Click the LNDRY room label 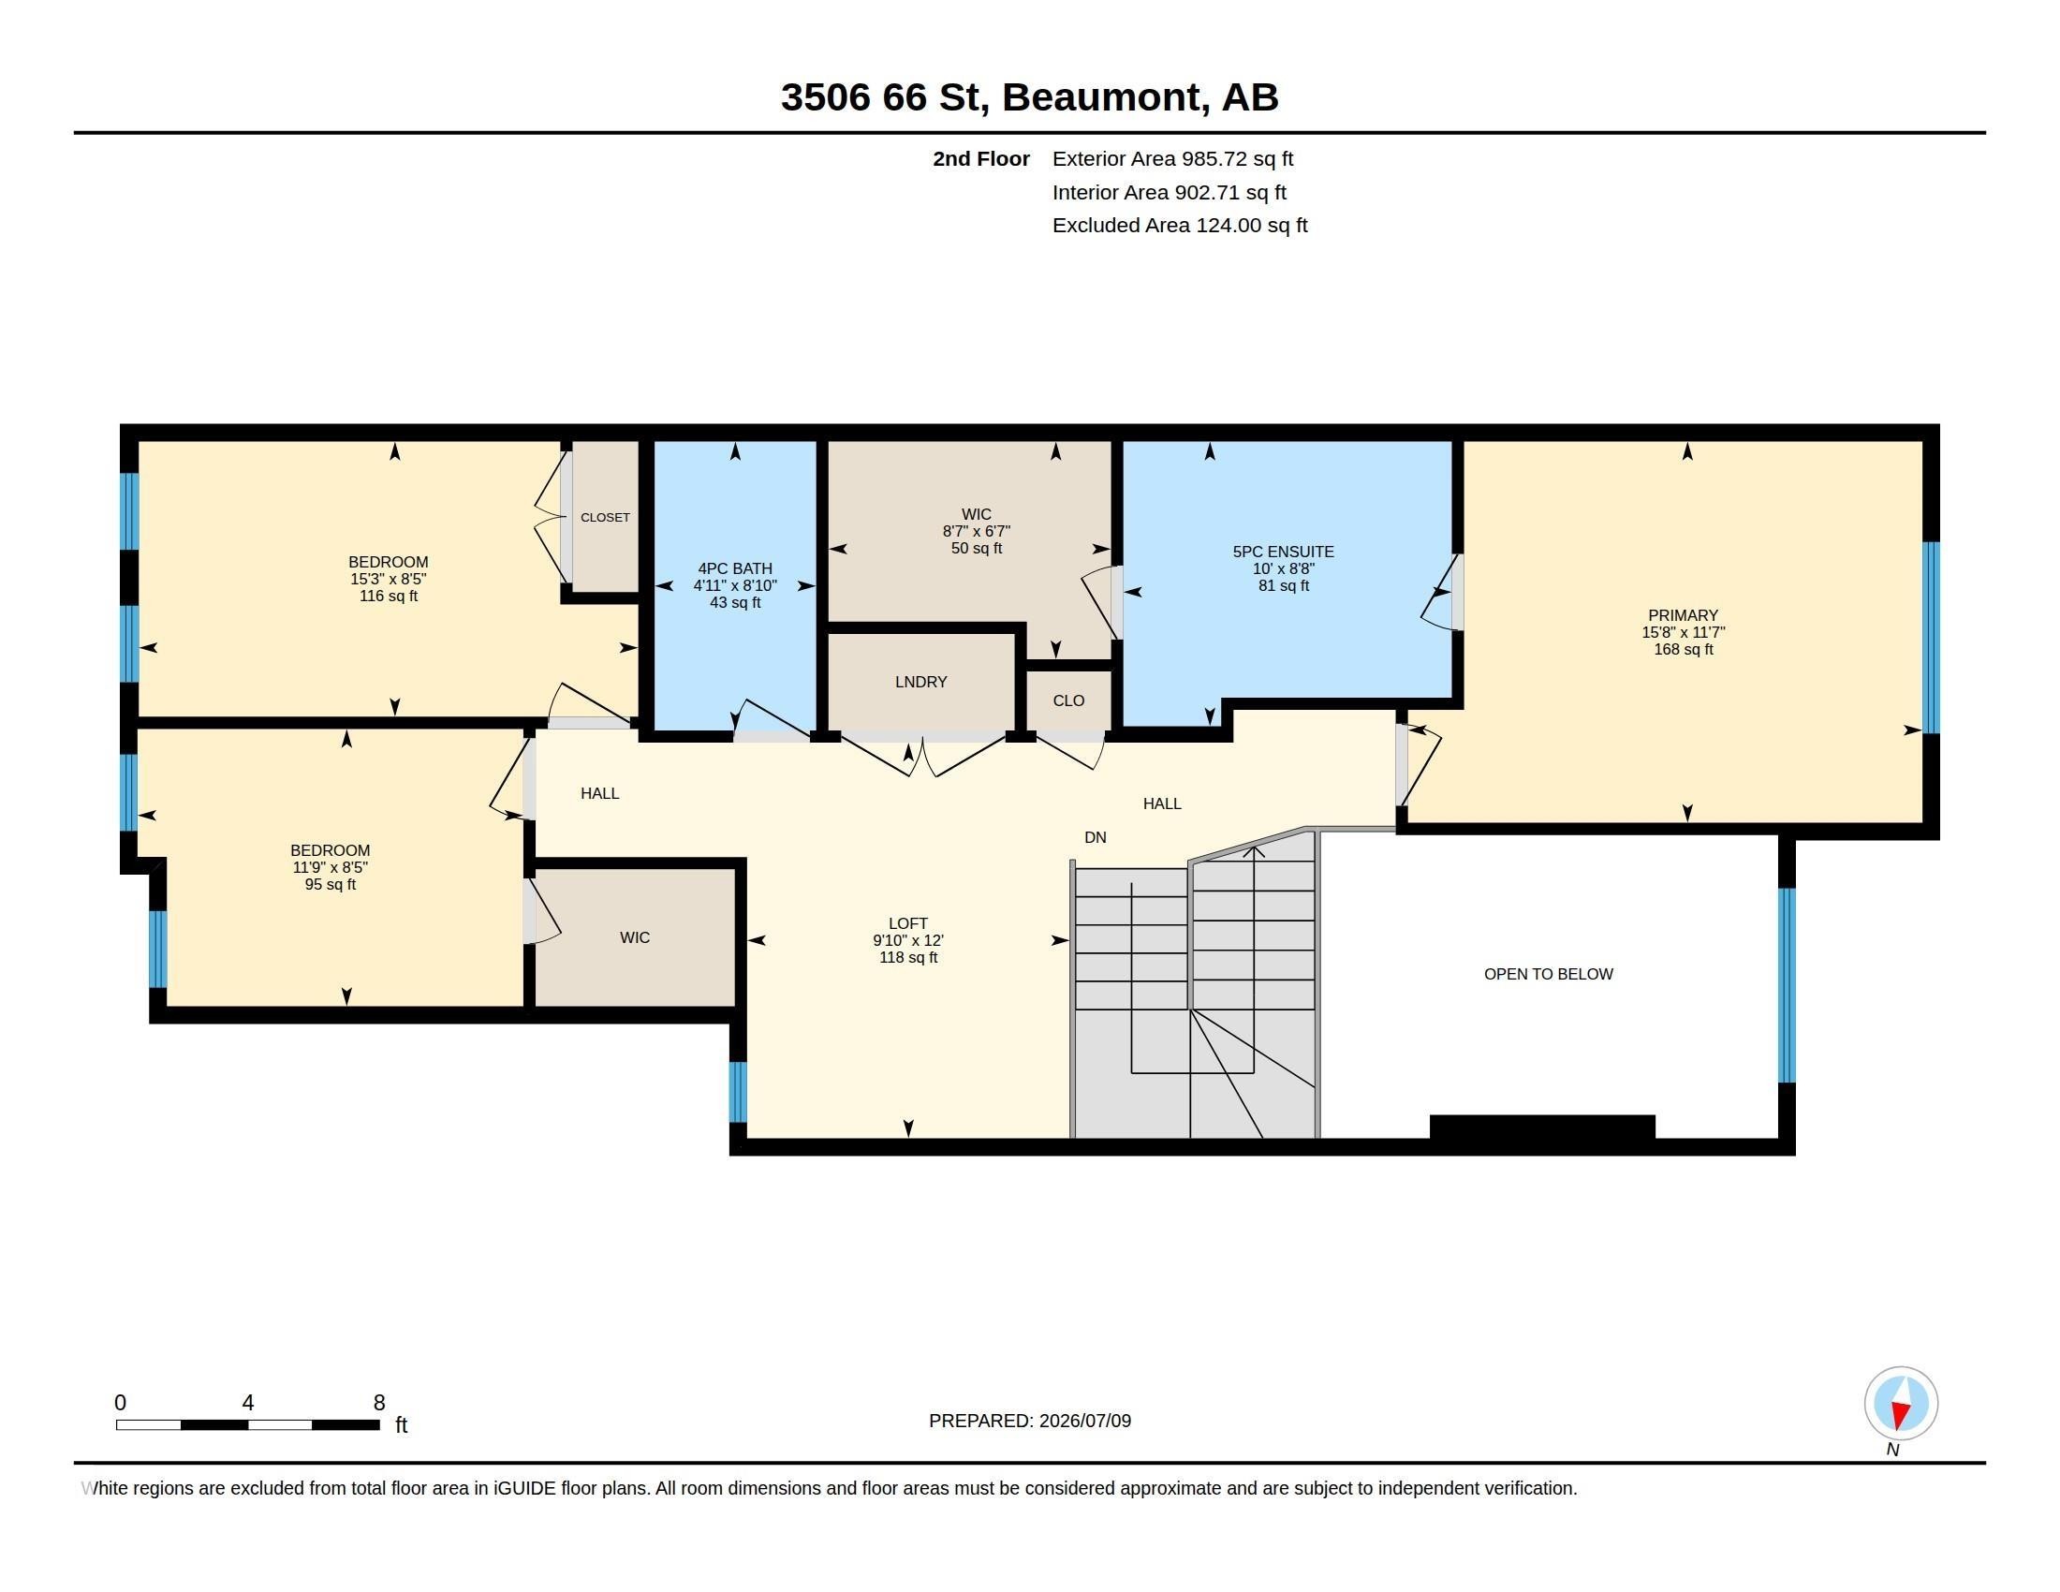[x=920, y=682]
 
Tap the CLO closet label [x=1068, y=700]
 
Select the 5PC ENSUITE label [x=1283, y=552]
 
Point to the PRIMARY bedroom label [x=1683, y=615]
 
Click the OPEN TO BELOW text [x=1548, y=974]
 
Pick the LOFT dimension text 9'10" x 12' [x=907, y=940]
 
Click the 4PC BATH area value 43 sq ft [x=735, y=603]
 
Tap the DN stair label [x=1096, y=837]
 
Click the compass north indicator [x=1901, y=1404]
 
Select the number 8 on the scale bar [x=379, y=1403]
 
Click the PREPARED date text [x=1030, y=1421]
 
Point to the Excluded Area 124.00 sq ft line [x=1180, y=226]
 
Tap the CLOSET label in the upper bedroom [x=605, y=518]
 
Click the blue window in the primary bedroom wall [x=1931, y=638]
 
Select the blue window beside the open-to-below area [x=1787, y=985]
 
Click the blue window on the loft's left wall [x=738, y=1092]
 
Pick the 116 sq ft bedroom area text [x=389, y=596]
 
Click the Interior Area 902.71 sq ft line [x=1170, y=192]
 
